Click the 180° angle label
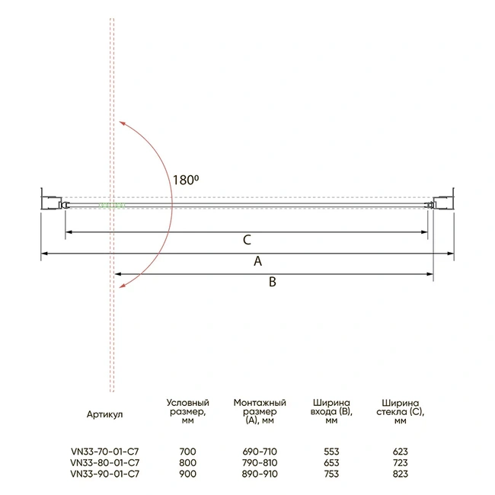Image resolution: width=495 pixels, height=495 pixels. (x=186, y=180)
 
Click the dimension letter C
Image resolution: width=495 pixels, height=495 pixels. (x=247, y=240)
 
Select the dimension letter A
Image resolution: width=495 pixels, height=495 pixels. (x=258, y=261)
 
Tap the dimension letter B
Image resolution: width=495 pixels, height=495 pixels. (x=273, y=282)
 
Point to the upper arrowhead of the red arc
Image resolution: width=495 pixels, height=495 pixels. (x=122, y=123)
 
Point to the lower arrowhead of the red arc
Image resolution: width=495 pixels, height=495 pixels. (x=122, y=286)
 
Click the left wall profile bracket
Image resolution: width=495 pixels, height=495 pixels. (x=51, y=200)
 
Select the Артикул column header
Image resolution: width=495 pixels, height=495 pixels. (x=104, y=414)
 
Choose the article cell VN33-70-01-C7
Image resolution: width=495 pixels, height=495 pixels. (x=105, y=452)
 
